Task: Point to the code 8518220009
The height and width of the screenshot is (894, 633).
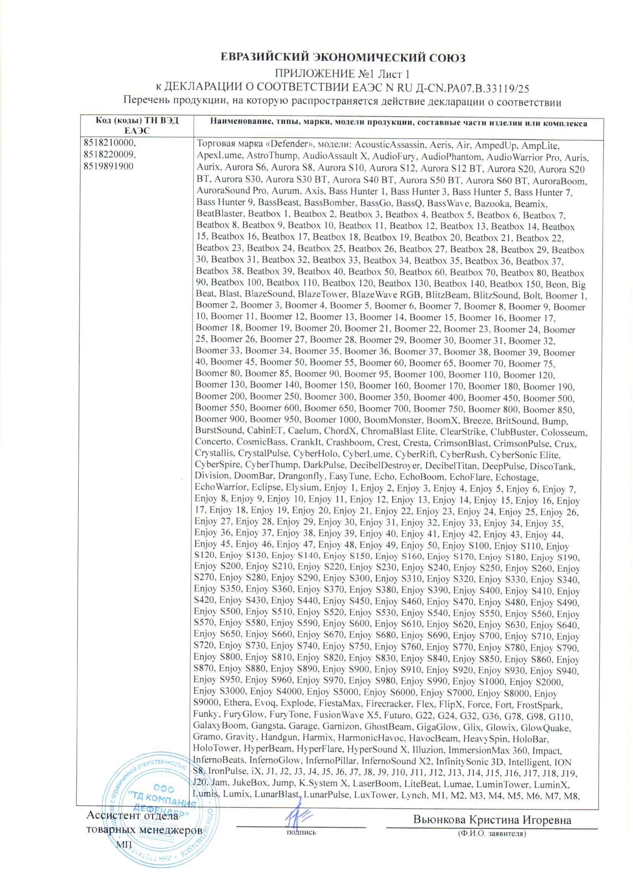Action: (x=107, y=155)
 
